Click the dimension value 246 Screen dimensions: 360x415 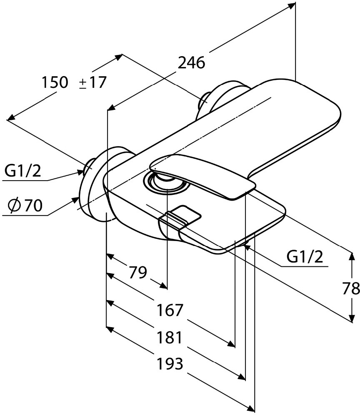point(191,63)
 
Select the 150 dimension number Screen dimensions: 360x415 point(55,82)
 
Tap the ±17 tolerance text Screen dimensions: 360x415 point(93,82)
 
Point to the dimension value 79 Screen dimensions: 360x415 point(138,273)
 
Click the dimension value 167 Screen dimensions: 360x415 point(170,310)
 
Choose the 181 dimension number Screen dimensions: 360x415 point(169,338)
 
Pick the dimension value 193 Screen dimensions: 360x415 point(170,364)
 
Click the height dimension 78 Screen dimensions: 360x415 point(351,288)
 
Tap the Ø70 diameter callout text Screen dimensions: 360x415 point(25,205)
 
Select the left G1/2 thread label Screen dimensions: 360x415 point(23,171)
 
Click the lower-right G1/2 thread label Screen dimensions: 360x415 point(305,257)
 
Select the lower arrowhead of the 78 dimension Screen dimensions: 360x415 point(352,319)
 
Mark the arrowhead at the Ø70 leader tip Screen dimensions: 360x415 point(76,199)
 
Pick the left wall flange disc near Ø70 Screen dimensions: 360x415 point(91,185)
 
